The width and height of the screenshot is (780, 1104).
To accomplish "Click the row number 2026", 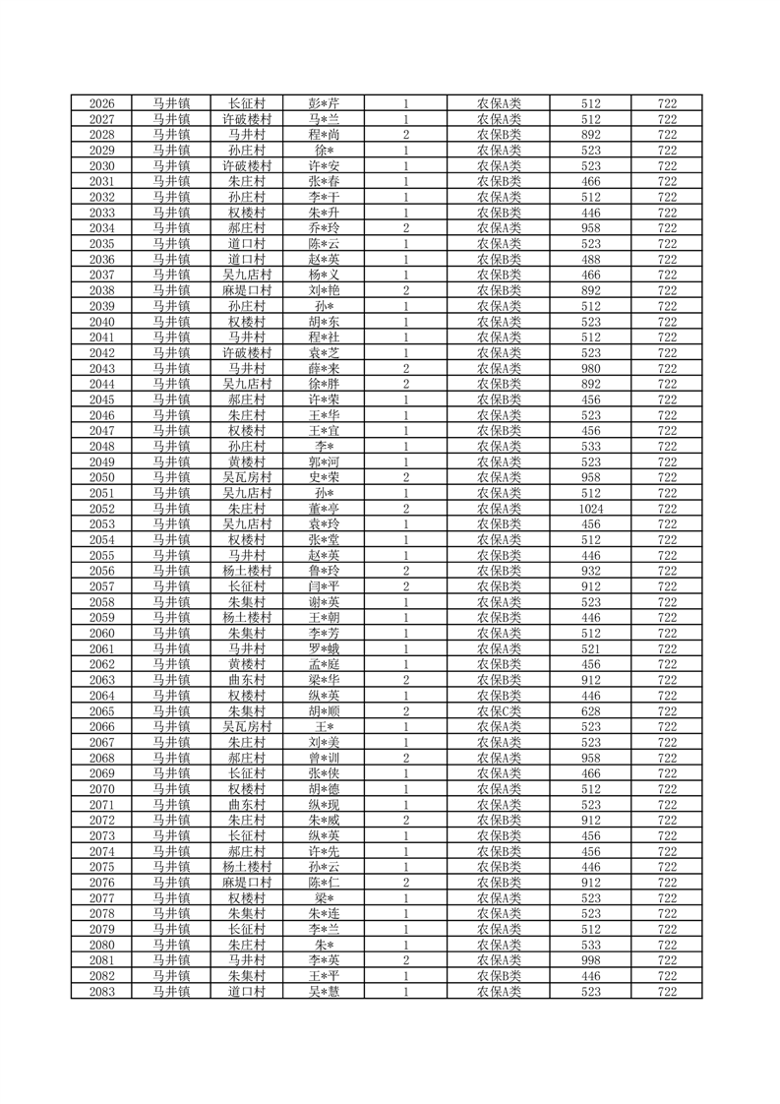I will click(x=101, y=103).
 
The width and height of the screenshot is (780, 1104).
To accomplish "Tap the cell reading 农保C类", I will click(x=500, y=710).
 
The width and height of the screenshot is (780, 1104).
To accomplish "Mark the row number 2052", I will click(x=101, y=509).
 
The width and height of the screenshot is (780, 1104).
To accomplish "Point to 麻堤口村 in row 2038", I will click(x=246, y=290).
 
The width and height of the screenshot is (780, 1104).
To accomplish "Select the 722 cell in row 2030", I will click(x=667, y=165).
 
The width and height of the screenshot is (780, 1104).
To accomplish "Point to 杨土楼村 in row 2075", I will click(x=246, y=867).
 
